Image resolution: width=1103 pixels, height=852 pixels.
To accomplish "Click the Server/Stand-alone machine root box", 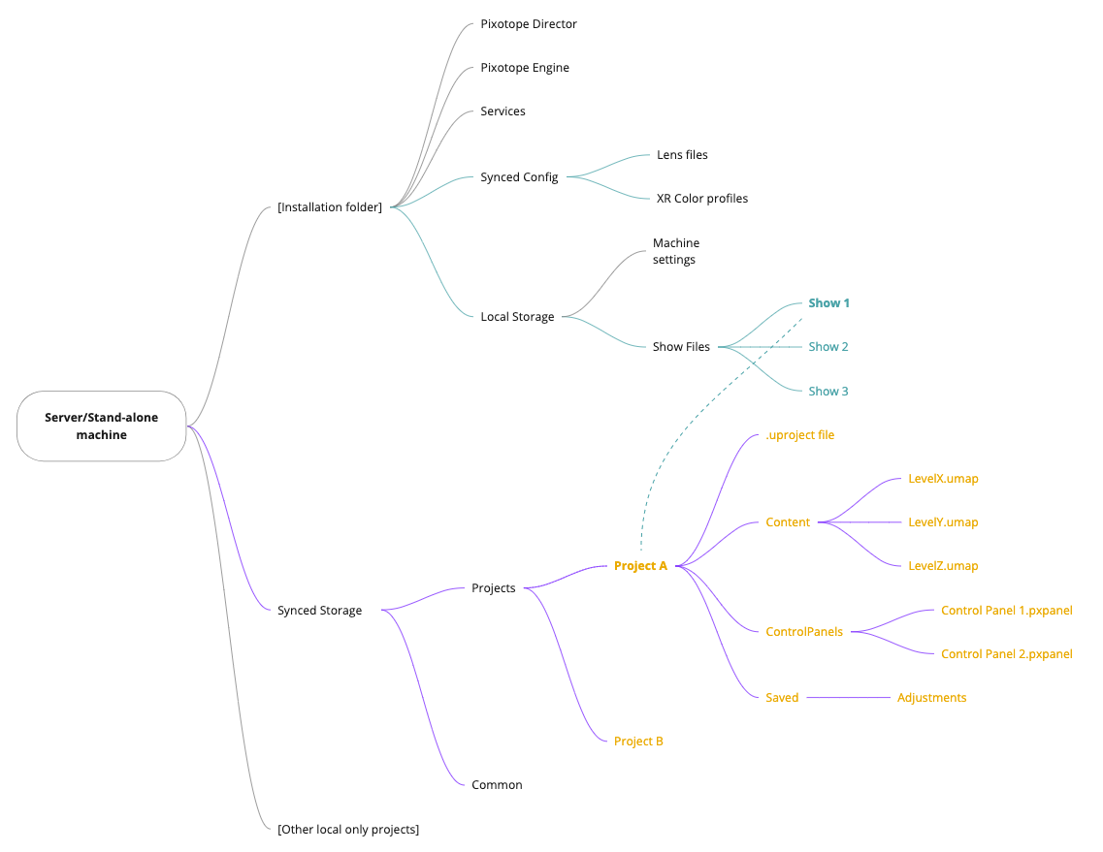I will point(101,426).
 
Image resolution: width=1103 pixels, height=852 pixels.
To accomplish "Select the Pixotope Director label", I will point(529,24).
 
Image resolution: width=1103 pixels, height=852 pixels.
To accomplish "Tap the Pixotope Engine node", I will point(525,68).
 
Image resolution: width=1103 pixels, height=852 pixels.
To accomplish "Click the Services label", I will point(503,111).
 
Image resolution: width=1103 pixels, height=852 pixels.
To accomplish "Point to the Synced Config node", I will point(519,177).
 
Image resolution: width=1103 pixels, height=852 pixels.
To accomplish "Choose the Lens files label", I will point(682,155).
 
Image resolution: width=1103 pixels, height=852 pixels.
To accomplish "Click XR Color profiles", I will point(702,199).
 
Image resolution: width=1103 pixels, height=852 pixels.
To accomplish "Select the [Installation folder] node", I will point(330,206).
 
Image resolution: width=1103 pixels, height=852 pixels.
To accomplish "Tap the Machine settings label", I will point(675,251).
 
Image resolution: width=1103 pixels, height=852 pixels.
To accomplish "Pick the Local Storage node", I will point(517,317).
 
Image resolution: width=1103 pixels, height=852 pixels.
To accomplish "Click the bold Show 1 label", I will point(828,303).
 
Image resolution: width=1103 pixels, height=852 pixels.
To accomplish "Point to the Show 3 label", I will point(828,392).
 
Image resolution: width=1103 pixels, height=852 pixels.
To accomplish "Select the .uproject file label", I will point(799,435).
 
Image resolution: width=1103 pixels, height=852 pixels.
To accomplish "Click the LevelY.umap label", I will point(943,522).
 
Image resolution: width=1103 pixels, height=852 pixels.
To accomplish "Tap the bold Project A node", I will point(640,566).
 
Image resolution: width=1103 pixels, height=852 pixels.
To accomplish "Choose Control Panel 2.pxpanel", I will point(1006,654).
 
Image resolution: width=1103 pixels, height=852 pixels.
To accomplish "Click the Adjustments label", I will point(931,698).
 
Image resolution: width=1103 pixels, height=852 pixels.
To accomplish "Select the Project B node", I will point(638,742).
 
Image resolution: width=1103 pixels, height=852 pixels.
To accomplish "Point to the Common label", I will point(497,785).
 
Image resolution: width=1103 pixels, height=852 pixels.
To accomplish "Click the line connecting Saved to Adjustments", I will point(848,698).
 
